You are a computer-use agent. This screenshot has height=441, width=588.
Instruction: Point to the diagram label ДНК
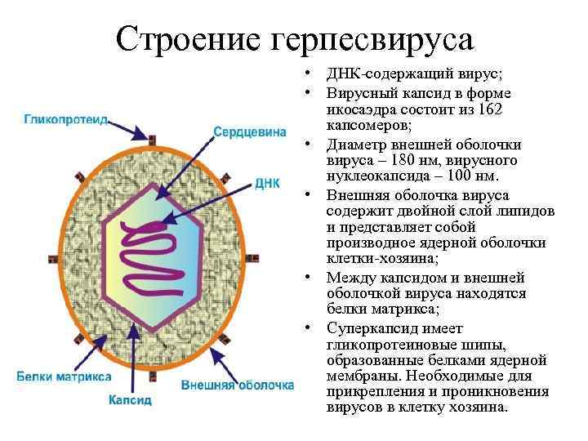(x=268, y=181)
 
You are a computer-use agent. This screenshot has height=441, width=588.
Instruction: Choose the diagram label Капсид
(x=130, y=400)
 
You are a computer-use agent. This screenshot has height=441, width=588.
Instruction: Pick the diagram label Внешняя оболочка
(x=237, y=384)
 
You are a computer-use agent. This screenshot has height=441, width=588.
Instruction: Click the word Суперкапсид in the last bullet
(x=367, y=327)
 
